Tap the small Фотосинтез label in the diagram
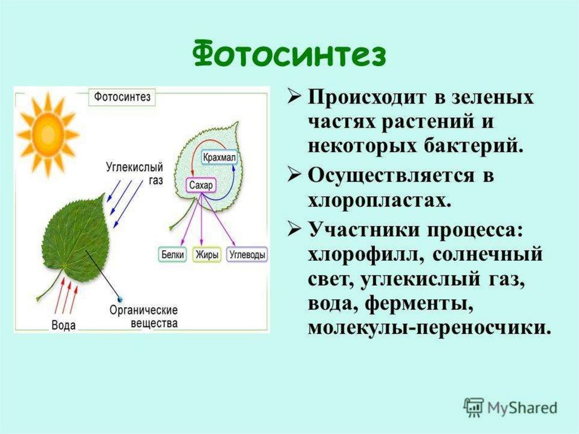click(x=122, y=97)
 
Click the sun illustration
click(x=47, y=134)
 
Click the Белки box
click(x=172, y=255)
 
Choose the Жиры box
click(x=207, y=255)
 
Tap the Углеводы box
click(x=248, y=255)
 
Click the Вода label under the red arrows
click(x=63, y=325)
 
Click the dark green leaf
click(x=75, y=238)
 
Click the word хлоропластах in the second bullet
click(x=379, y=200)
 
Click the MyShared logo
click(x=510, y=407)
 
